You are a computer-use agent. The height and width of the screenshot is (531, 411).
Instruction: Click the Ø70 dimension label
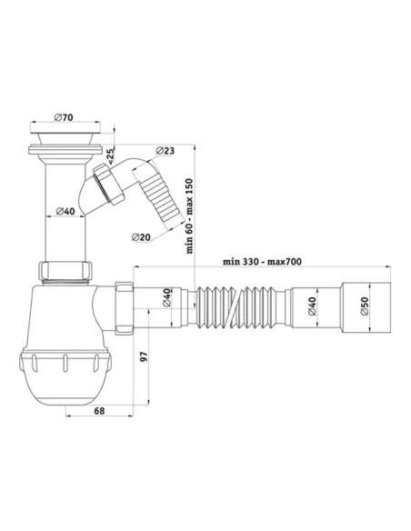(x=64, y=117)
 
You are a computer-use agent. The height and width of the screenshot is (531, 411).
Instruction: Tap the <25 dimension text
(x=111, y=155)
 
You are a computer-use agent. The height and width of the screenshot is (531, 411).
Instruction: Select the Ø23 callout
(x=165, y=150)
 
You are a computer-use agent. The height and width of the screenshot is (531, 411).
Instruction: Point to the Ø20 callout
(x=141, y=237)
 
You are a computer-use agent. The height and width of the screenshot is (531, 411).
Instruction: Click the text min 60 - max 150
(x=189, y=216)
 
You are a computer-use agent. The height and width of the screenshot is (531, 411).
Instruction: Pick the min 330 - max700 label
(x=262, y=262)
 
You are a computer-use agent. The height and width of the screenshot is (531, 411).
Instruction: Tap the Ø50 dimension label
(x=365, y=306)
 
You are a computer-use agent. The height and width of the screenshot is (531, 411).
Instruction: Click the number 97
(x=145, y=356)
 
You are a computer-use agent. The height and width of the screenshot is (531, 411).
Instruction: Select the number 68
(x=99, y=411)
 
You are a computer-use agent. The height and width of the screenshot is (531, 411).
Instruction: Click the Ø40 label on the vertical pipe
(x=65, y=211)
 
